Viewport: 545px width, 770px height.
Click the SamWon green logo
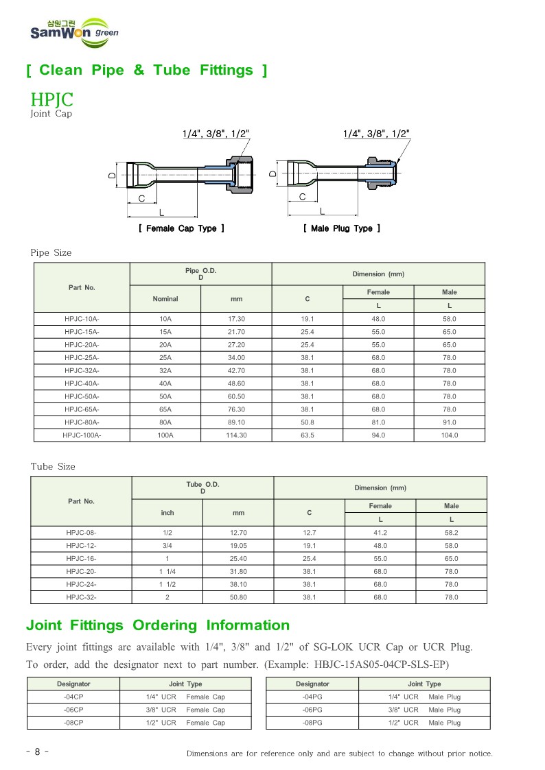(x=74, y=32)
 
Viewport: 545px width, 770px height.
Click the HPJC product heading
(x=52, y=99)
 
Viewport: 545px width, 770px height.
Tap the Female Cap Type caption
(x=181, y=228)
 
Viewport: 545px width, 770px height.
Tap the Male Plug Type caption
(x=342, y=228)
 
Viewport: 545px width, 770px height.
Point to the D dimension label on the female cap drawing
(x=111, y=176)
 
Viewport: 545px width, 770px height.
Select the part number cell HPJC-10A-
(x=82, y=319)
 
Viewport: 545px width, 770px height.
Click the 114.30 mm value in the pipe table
(x=236, y=435)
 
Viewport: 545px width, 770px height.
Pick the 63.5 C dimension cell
(x=307, y=435)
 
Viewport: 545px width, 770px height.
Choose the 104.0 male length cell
(x=450, y=435)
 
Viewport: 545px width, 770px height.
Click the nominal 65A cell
(x=165, y=409)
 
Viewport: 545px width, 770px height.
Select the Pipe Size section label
(x=51, y=253)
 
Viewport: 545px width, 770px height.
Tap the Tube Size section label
(x=53, y=467)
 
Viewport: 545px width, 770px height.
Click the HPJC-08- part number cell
(x=82, y=533)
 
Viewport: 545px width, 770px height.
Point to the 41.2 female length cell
(x=380, y=533)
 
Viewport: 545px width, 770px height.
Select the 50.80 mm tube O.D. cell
(x=238, y=597)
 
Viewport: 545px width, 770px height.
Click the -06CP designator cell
(x=73, y=710)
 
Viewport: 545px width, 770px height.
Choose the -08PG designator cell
(x=312, y=723)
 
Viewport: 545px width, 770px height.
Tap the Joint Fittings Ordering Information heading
(x=158, y=625)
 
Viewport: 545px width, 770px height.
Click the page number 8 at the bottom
(x=37, y=752)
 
